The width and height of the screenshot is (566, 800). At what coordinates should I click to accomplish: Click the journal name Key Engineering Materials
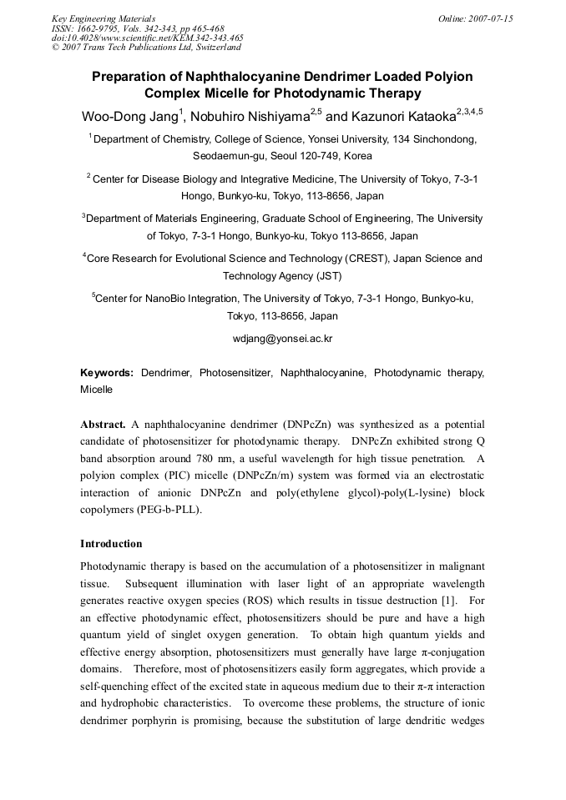pos(103,18)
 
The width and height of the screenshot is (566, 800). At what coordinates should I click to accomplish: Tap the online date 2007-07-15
pos(487,18)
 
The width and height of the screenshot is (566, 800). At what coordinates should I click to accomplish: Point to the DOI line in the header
pos(148,38)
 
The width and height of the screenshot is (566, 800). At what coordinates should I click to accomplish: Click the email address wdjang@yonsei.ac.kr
pos(282,339)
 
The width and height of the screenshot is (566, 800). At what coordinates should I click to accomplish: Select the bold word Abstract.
pos(103,425)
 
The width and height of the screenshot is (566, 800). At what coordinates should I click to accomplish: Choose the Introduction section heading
pos(111,544)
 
